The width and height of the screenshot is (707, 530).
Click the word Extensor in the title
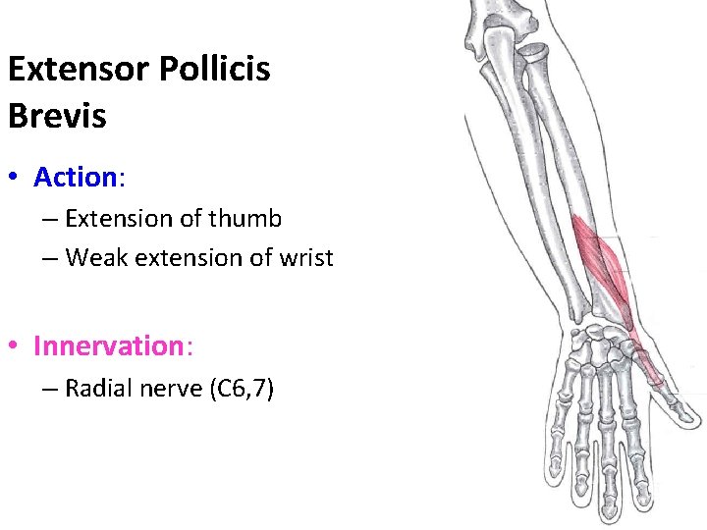74,70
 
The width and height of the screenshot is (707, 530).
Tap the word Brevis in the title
57,116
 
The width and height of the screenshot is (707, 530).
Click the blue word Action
76,177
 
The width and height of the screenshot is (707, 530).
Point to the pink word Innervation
108,345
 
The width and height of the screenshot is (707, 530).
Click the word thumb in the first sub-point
244,218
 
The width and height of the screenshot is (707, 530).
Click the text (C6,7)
242,390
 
